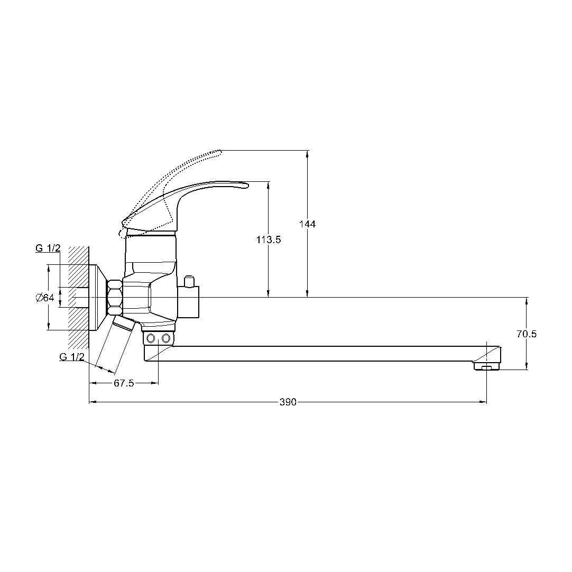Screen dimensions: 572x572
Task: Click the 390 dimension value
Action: click(288, 402)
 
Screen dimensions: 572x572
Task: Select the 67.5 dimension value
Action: click(124, 383)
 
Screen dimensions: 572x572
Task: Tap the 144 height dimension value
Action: click(307, 224)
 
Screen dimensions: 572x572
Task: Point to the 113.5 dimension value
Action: click(269, 239)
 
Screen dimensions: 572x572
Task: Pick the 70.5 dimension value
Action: click(527, 334)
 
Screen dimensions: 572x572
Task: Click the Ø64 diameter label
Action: click(45, 298)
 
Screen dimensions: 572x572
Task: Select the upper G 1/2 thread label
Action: click(48, 248)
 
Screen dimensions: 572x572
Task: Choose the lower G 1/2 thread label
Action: click(72, 357)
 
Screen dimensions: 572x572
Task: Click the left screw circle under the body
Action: click(150, 338)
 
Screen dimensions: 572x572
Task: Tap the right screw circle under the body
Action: click(167, 338)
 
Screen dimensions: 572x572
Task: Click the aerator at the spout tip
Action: click(487, 365)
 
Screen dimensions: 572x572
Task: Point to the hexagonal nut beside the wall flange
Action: click(115, 298)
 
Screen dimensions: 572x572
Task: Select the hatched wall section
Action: click(78, 297)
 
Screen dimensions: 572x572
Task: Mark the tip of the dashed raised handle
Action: click(220, 152)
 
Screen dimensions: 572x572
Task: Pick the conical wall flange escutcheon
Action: click(98, 298)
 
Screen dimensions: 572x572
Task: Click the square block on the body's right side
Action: click(188, 302)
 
